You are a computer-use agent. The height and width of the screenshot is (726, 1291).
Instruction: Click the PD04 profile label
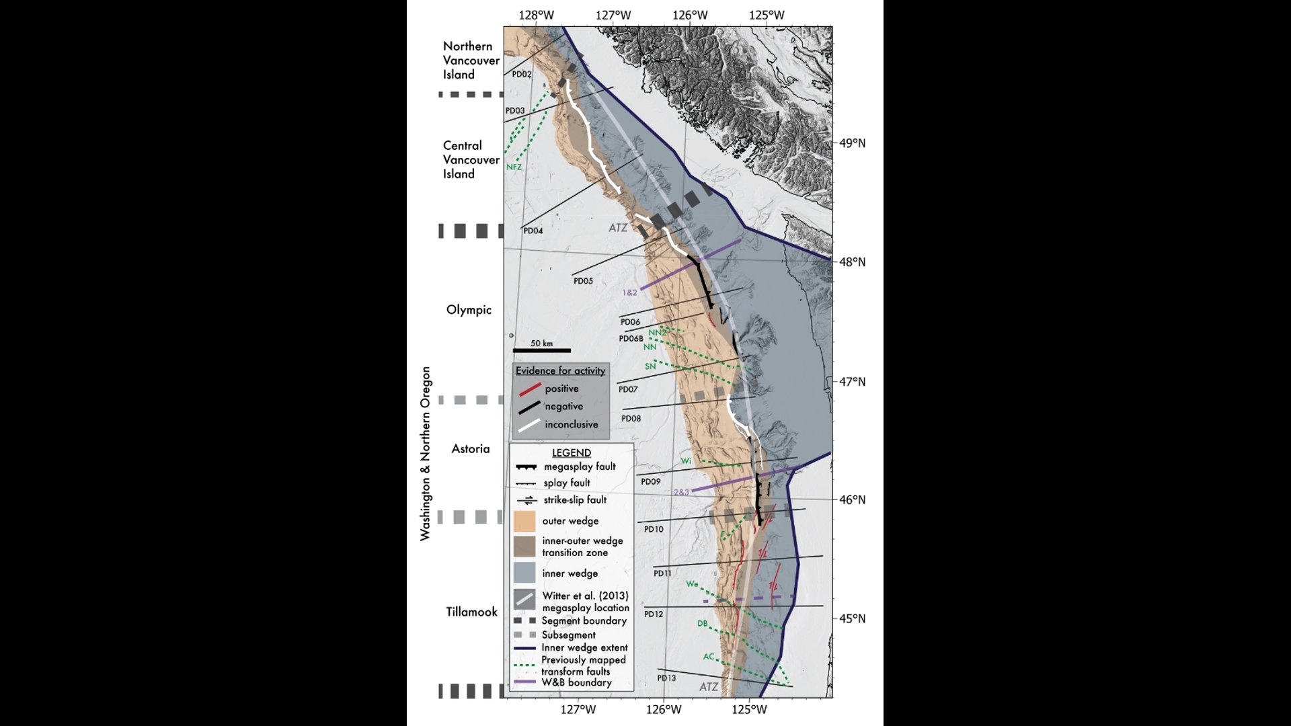[x=533, y=231]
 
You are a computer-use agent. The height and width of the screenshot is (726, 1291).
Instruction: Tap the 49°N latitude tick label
[x=852, y=143]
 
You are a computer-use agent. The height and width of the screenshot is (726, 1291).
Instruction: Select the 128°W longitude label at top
[x=536, y=15]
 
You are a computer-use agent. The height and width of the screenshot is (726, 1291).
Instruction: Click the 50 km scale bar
[x=541, y=350]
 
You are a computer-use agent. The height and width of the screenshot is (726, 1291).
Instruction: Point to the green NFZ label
[x=514, y=167]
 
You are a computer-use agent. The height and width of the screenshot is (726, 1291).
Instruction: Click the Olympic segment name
[x=469, y=310]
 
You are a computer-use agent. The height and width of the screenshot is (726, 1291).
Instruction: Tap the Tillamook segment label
[x=471, y=612]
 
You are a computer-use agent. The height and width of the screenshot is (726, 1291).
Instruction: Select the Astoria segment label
[x=470, y=448]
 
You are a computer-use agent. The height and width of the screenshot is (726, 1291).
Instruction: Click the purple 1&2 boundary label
[x=629, y=292]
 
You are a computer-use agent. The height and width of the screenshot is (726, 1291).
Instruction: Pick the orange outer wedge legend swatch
[x=524, y=521]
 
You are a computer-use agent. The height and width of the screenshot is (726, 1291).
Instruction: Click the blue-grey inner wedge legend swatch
[x=524, y=573]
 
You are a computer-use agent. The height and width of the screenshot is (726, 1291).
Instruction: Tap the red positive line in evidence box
[x=530, y=389]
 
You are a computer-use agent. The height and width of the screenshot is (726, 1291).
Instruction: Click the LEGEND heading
[x=571, y=452]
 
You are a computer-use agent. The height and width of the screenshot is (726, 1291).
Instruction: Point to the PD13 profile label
[x=666, y=678]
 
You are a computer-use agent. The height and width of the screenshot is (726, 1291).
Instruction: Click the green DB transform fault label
[x=702, y=623]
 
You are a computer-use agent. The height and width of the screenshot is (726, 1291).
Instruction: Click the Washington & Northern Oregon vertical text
[x=425, y=454]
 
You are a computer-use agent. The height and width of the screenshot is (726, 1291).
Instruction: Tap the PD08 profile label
[x=631, y=418]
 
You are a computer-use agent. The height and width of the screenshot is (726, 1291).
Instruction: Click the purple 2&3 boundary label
[x=681, y=492]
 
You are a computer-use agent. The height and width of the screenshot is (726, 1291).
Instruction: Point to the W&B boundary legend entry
[x=576, y=682]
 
